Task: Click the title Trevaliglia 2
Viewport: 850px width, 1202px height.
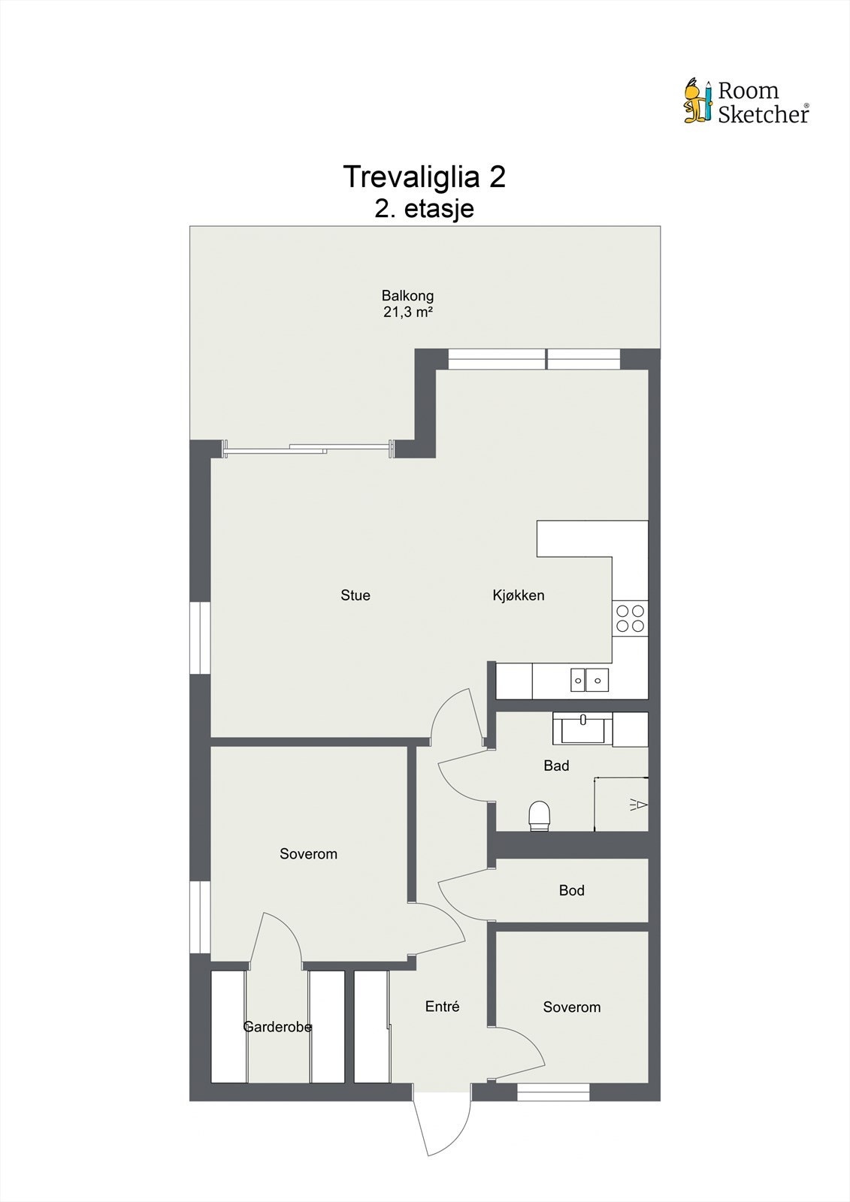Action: [424, 177]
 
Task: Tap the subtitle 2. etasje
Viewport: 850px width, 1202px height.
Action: [424, 208]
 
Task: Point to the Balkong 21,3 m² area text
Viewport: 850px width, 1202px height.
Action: [407, 304]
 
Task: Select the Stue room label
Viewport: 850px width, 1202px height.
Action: [355, 596]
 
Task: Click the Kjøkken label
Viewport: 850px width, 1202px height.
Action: [519, 596]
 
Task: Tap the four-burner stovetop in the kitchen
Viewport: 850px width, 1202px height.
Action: [630, 618]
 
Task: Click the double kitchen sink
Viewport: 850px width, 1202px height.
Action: [588, 680]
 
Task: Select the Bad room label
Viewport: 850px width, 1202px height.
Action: [556, 766]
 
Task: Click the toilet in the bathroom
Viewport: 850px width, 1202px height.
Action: [540, 815]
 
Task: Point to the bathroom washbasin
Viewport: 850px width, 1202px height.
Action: [582, 728]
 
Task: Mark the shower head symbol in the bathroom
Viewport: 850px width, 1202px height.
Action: [638, 805]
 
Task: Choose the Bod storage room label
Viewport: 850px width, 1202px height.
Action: [571, 890]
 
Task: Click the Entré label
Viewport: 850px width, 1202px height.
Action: [442, 1007]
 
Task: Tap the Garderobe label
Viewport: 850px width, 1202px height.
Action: [277, 1027]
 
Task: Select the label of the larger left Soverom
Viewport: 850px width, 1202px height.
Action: [308, 854]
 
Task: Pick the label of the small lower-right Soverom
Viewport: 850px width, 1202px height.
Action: [571, 1007]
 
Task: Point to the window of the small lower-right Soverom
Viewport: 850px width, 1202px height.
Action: [553, 1092]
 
